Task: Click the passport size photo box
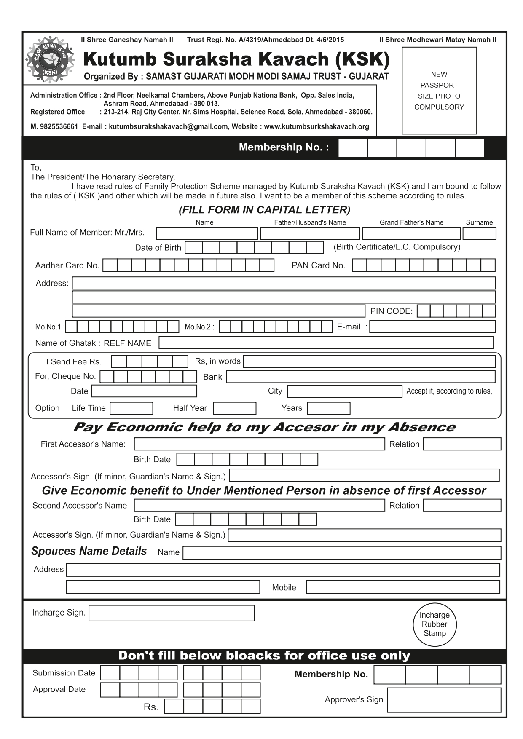439,91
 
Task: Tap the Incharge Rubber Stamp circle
434,624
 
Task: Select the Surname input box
479,233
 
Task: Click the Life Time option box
131,408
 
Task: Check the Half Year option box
234,408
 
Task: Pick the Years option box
328,408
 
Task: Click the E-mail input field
432,327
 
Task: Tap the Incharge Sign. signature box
172,613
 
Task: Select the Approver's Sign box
444,700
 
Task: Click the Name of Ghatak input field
326,343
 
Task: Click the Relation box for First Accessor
462,444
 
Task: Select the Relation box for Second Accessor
462,505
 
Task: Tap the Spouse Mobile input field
403,587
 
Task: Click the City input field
344,391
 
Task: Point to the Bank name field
361,377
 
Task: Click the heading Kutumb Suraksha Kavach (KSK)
236,59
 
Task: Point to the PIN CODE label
391,311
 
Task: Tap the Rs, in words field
369,361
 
